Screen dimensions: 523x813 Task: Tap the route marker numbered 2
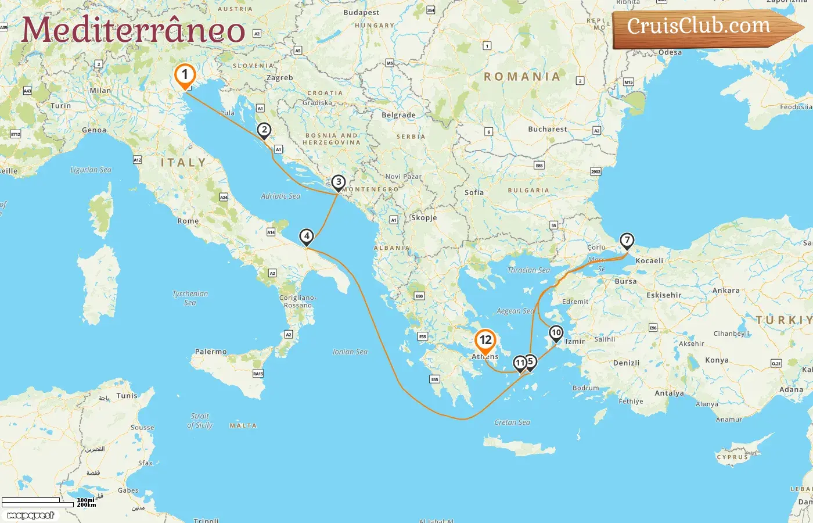point(264,130)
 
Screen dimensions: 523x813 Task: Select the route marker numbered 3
point(338,182)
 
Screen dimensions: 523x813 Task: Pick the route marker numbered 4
point(306,237)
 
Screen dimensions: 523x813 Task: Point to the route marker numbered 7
point(627,241)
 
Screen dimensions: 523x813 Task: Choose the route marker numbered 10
point(556,334)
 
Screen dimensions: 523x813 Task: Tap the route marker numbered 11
point(520,363)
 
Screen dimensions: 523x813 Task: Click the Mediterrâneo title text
point(133,30)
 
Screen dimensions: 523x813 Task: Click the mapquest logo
point(30,515)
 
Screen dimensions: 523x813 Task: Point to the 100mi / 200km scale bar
point(41,502)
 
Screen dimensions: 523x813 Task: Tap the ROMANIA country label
point(522,76)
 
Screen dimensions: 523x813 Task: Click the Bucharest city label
point(547,129)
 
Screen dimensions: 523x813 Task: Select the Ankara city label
point(726,291)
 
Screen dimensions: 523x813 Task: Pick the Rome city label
point(188,221)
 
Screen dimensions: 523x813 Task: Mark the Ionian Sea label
point(350,352)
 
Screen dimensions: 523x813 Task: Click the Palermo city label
point(211,352)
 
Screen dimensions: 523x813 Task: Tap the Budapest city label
point(361,13)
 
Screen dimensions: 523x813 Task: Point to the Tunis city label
point(127,396)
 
